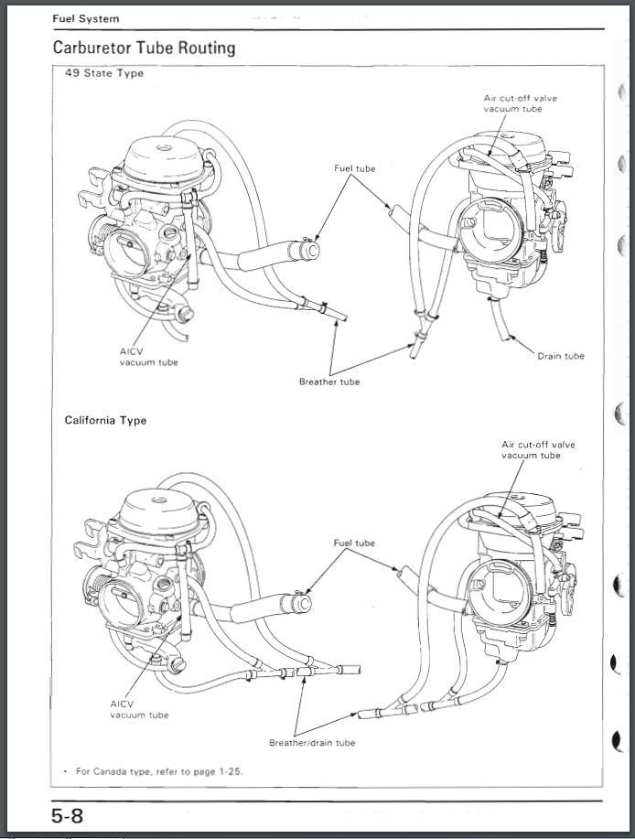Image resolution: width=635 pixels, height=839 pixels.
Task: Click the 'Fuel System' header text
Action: click(85, 18)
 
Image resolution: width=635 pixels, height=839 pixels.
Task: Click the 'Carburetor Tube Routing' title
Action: click(144, 48)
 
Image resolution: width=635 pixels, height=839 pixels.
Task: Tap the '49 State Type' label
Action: click(103, 73)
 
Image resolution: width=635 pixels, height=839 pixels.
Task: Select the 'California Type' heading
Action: click(105, 420)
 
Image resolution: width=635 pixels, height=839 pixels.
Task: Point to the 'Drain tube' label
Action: click(560, 356)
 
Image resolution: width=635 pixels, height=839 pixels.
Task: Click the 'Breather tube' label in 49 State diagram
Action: click(329, 382)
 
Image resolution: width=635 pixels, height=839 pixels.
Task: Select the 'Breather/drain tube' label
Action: click(312, 743)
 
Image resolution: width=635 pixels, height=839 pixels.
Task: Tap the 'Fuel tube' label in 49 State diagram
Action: click(354, 168)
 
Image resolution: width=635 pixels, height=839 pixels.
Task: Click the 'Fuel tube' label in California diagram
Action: click(354, 543)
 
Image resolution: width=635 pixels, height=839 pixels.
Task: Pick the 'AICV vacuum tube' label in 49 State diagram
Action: click(148, 357)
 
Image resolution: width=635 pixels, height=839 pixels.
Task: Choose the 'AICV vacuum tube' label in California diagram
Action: click(138, 709)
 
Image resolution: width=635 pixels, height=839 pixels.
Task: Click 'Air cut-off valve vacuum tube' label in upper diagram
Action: click(521, 103)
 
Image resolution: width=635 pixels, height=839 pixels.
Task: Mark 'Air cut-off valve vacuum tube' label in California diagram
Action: click(538, 449)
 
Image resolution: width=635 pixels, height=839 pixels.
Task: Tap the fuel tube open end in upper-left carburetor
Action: click(310, 250)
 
